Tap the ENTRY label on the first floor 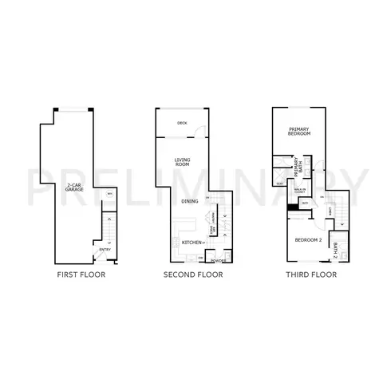(x=105, y=250)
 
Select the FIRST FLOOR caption (x=81, y=275)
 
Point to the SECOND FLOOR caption (x=192, y=275)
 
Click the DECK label (x=182, y=123)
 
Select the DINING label (x=189, y=201)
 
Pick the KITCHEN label (x=191, y=241)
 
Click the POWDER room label (x=217, y=259)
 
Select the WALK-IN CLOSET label (x=301, y=191)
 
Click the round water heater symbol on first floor (x=109, y=194)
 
